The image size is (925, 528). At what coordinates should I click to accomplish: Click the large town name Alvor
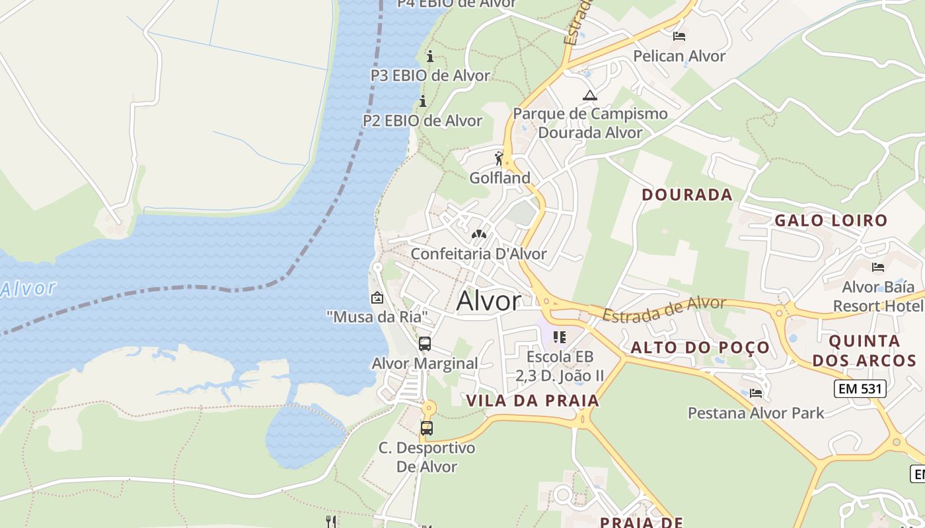pos(488,301)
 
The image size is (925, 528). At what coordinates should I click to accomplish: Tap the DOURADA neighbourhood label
pos(687,195)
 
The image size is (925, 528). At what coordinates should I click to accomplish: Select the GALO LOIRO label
pos(831,220)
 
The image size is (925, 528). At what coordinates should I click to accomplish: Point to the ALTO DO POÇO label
pos(700,348)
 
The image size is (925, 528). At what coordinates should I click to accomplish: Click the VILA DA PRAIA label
pos(533,401)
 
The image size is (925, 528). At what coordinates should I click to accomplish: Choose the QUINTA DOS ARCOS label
pos(864,350)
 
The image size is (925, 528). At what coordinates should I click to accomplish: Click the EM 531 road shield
pos(860,389)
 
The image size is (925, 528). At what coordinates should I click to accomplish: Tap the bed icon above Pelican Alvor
pos(679,36)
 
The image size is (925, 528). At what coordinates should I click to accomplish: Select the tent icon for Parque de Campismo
pos(589,95)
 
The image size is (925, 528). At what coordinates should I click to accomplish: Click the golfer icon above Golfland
pos(499,158)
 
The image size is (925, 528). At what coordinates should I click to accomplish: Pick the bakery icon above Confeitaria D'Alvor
pos(478,234)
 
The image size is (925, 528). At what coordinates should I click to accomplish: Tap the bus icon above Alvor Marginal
pos(425,344)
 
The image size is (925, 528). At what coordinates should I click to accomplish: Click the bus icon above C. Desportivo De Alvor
pos(427,428)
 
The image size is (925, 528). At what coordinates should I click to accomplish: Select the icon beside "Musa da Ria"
pos(377,298)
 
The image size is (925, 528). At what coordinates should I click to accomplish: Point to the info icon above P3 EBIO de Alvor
pos(430,56)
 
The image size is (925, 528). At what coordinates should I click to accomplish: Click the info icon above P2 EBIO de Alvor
pos(423,101)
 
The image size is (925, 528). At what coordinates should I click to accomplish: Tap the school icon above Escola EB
pos(560,337)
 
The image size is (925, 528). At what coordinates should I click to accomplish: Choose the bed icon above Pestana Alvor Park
pos(756,393)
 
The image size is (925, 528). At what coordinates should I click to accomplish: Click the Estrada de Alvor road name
pos(664,309)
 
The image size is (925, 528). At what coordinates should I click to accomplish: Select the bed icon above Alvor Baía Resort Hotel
pos(878,267)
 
